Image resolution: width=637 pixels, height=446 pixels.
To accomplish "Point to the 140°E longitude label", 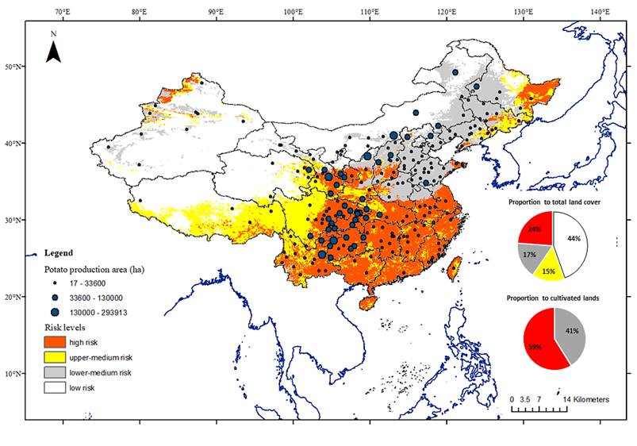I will [600, 12].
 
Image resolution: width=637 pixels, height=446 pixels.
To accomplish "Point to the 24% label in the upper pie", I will [534, 229].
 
